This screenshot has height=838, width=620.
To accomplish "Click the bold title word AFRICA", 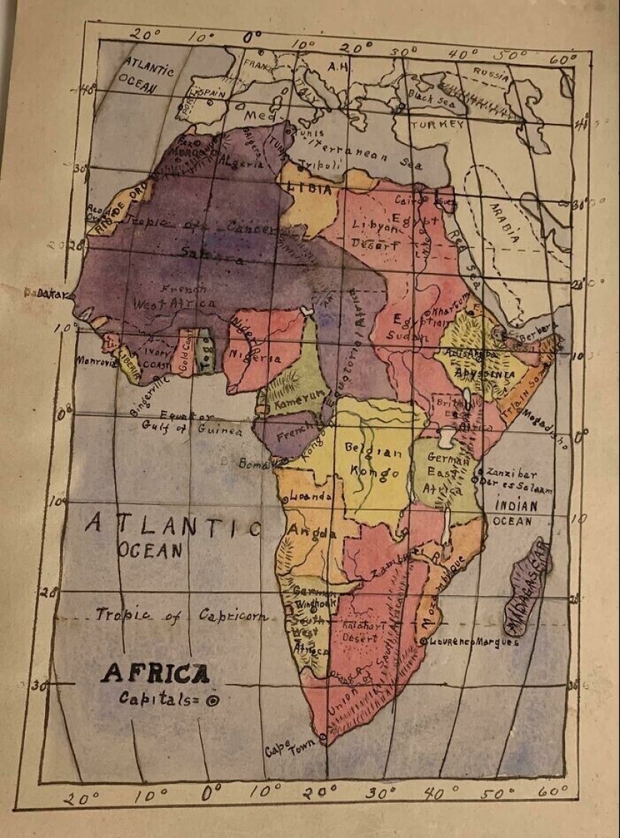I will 155,673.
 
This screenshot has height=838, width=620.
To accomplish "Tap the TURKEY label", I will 437,125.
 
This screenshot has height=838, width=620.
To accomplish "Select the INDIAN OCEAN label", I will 515,513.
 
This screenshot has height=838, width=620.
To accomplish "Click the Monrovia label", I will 95,361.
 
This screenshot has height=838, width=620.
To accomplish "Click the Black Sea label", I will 431,98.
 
